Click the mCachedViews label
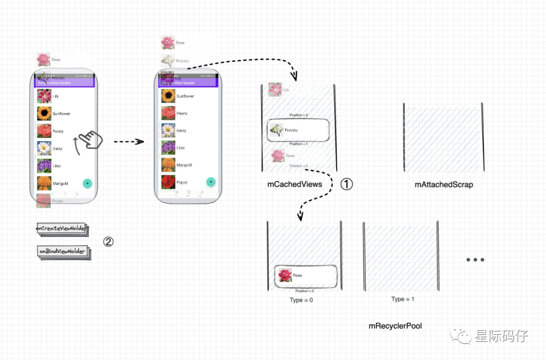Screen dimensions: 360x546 point(295,185)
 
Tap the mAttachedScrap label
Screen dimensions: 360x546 point(444,185)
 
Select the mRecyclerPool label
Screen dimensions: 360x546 point(395,326)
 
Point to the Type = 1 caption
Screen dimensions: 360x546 point(402,299)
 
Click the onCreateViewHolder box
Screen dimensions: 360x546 point(61,229)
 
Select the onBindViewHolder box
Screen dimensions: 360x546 point(62,251)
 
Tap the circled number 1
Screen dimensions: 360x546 point(346,184)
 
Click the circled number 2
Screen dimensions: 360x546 point(108,242)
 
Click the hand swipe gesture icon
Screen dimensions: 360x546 point(90,140)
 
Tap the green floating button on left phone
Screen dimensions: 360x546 point(87,183)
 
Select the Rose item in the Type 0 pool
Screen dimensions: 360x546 point(305,276)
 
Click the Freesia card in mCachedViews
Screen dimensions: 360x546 point(298,130)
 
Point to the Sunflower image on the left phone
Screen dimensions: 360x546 point(44,113)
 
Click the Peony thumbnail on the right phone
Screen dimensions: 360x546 point(168,113)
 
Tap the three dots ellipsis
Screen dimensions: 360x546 point(475,260)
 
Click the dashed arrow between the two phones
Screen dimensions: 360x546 point(129,142)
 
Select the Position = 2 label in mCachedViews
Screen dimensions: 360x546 point(299,115)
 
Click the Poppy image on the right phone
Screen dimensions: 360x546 point(168,182)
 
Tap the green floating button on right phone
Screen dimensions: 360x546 point(211,182)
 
